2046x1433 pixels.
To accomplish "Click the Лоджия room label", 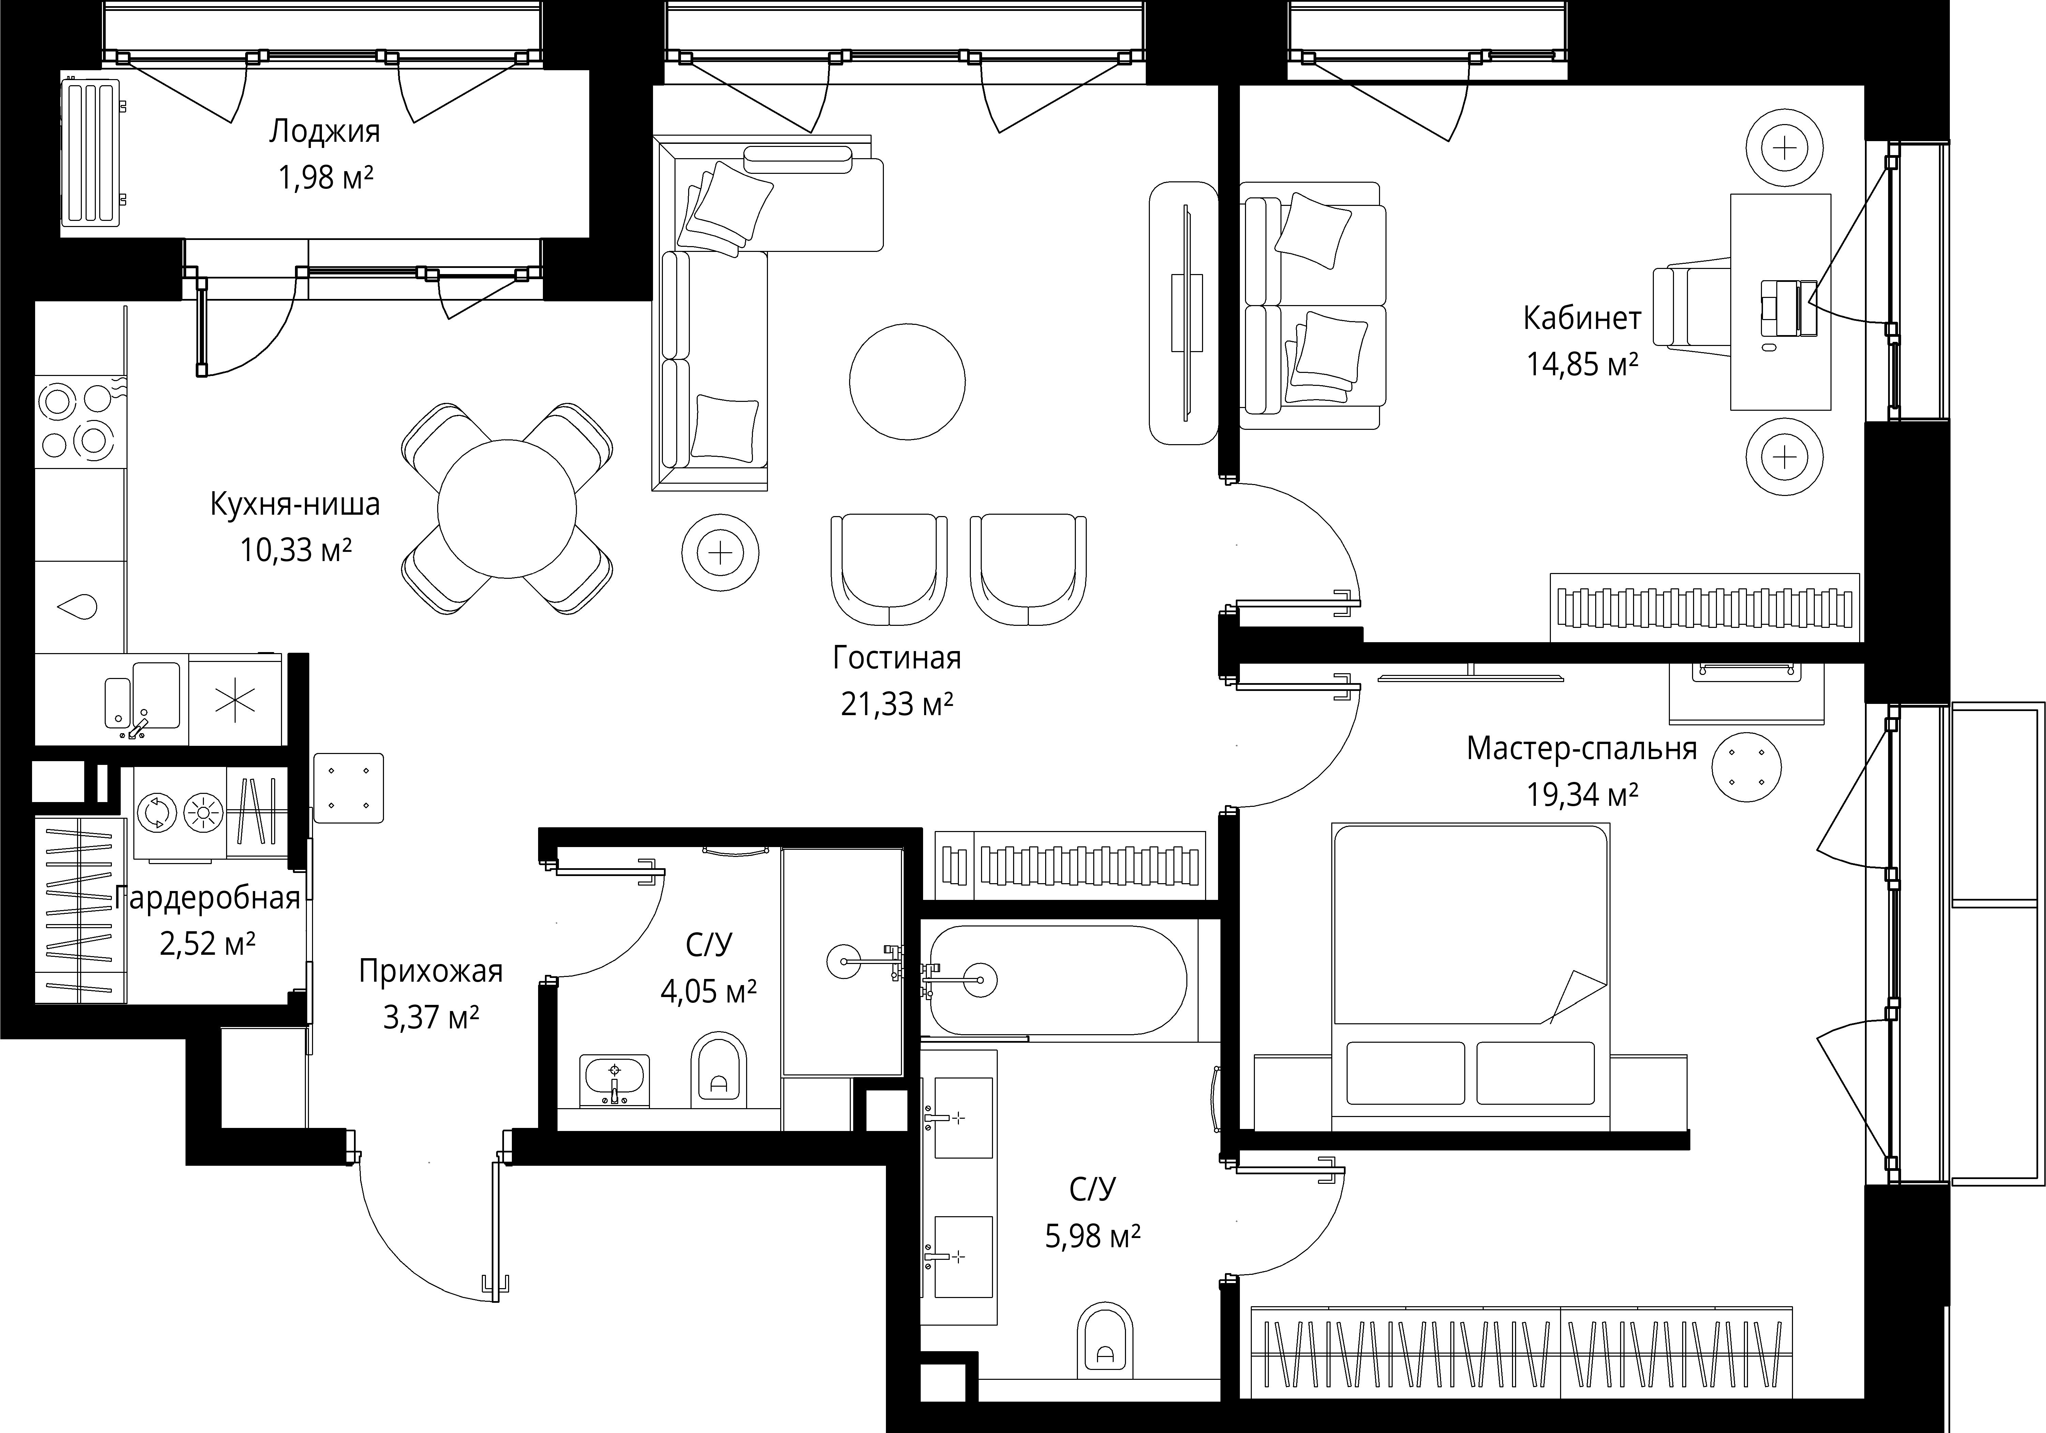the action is point(324,132).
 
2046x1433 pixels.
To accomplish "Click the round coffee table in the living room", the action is point(907,381).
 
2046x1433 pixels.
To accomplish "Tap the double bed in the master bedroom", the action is point(1470,975).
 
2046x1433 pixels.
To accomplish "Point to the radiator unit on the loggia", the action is point(92,152).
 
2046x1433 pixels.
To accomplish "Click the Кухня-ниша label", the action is point(295,504).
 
